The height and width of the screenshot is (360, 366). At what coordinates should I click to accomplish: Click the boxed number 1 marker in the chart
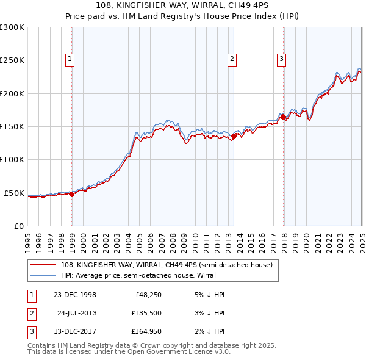(x=70, y=59)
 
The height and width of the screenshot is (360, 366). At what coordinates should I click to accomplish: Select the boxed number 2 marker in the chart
(x=232, y=59)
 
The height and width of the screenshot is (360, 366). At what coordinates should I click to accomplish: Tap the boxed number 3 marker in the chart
(x=281, y=59)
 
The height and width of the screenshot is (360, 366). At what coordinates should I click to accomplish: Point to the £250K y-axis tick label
(x=12, y=60)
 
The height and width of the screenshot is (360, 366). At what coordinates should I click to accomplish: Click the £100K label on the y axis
(x=12, y=160)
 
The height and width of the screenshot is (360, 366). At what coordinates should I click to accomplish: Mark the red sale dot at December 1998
(x=72, y=194)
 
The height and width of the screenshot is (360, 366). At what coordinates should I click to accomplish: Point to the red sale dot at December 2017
(x=284, y=117)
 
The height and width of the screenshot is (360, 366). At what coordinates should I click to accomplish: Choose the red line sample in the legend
(x=44, y=264)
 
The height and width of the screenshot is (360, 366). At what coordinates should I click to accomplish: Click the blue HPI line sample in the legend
(x=44, y=275)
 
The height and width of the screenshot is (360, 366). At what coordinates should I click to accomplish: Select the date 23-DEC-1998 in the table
(x=75, y=295)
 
